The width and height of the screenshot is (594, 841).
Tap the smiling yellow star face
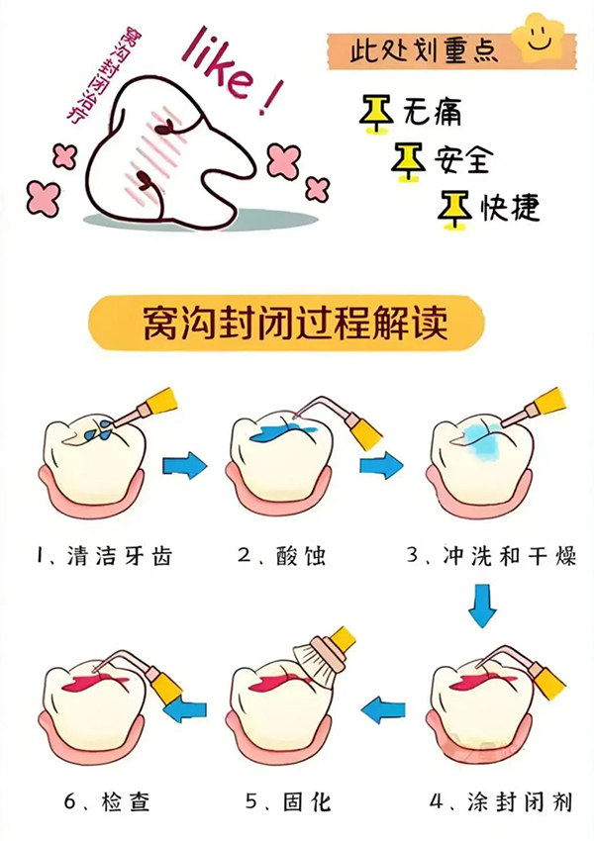click(x=539, y=38)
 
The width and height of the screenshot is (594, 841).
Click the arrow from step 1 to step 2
click(x=185, y=465)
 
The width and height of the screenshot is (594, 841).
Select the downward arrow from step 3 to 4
click(x=482, y=605)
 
